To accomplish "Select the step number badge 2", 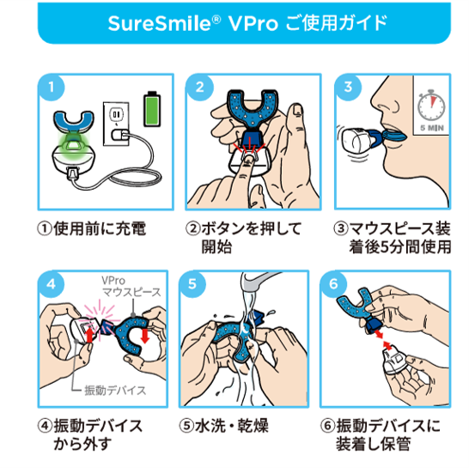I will pos(200,88).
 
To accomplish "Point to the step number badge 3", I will pos(348,88).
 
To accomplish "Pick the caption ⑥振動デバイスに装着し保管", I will pos(388,435).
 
